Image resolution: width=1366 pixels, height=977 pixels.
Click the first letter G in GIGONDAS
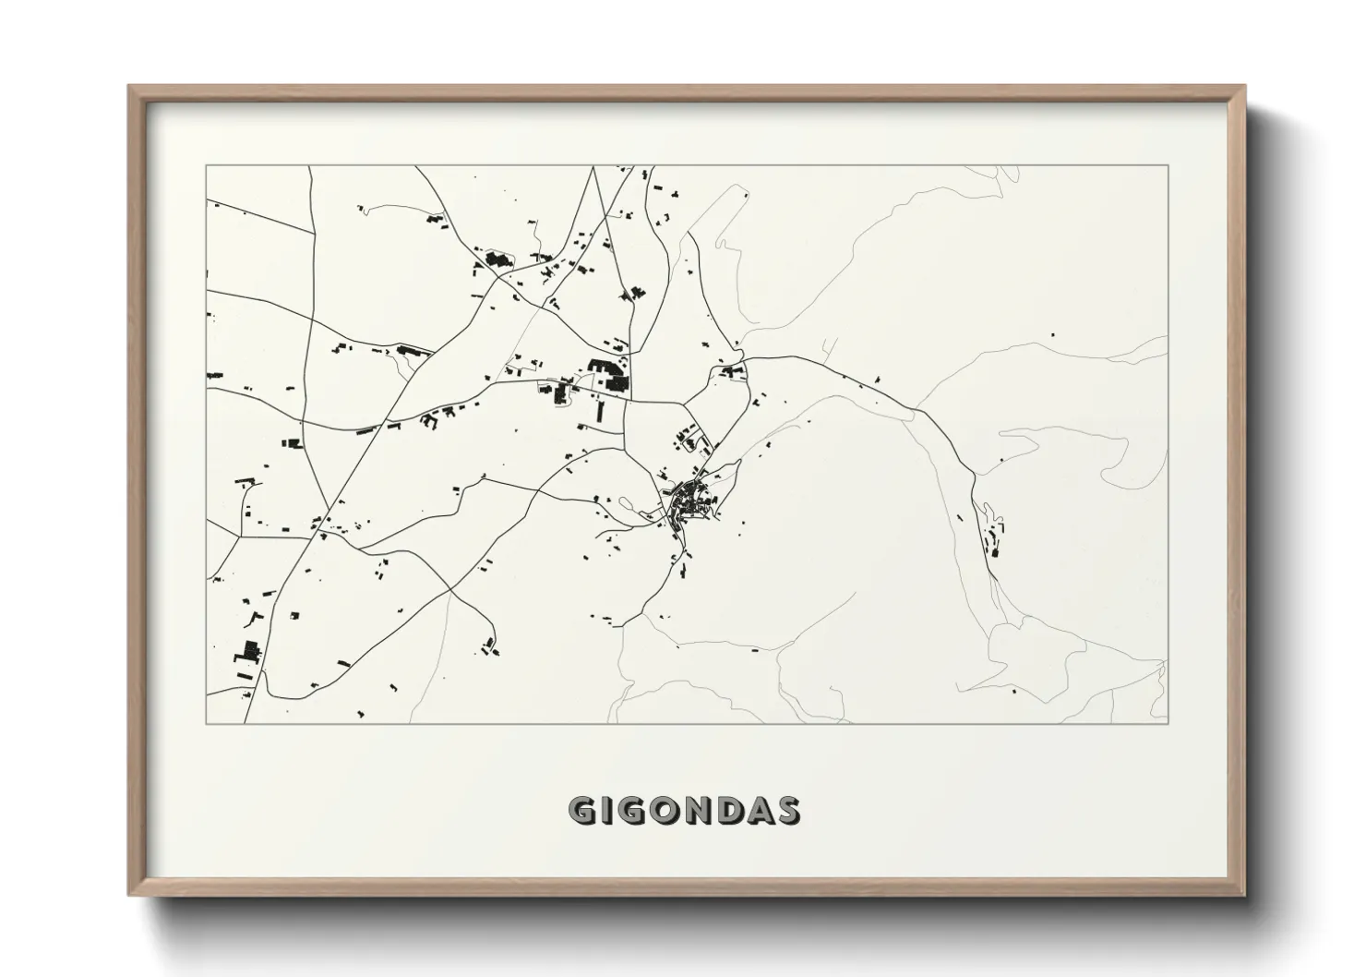(x=583, y=811)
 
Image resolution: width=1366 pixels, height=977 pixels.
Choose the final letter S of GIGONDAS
(x=787, y=811)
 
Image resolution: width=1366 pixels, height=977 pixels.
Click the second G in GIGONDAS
(x=631, y=811)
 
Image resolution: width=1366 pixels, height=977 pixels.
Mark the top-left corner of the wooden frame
(x=129, y=86)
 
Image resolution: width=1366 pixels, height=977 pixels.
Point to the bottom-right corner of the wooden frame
(x=1244, y=895)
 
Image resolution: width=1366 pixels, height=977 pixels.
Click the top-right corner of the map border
(x=1168, y=166)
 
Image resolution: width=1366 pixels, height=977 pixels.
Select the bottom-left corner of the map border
(x=207, y=723)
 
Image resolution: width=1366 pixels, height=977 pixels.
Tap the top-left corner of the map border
(x=207, y=166)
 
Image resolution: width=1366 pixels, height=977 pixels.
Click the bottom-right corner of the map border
(x=1168, y=723)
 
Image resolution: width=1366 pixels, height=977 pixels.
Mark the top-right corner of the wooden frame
(x=1244, y=86)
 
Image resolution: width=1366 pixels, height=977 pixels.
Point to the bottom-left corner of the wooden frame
(x=129, y=895)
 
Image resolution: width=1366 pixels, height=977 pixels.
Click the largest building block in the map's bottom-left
(x=246, y=650)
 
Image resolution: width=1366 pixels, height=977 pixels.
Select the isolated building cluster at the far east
(x=993, y=535)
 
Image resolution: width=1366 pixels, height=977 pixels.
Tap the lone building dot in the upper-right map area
(x=1053, y=333)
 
